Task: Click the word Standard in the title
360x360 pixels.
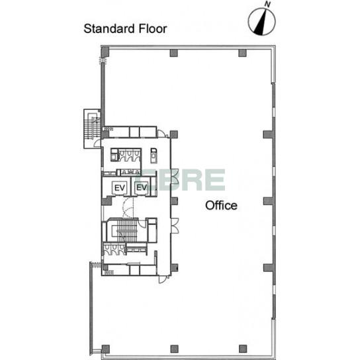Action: pyautogui.click(x=109, y=28)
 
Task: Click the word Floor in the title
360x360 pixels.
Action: pyautogui.click(x=153, y=28)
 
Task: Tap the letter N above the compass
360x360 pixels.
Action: pyautogui.click(x=267, y=4)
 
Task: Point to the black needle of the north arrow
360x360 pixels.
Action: pyautogui.click(x=261, y=23)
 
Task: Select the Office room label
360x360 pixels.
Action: pyautogui.click(x=221, y=206)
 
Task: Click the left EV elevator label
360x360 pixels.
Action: pyautogui.click(x=120, y=188)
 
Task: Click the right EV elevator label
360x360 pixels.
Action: pyautogui.click(x=142, y=187)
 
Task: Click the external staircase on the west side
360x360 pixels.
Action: pyautogui.click(x=92, y=128)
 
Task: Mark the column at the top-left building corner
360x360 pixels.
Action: pyautogui.click(x=105, y=52)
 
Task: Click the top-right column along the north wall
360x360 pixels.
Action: pyautogui.click(x=242, y=53)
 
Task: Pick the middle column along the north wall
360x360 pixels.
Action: pyautogui.click(x=174, y=53)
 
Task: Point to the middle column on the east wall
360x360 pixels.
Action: pyautogui.click(x=269, y=201)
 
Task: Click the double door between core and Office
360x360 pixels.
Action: pyautogui.click(x=175, y=226)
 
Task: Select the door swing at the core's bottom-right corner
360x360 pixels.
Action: pyautogui.click(x=163, y=279)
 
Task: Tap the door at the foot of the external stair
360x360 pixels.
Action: pyautogui.click(x=97, y=143)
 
